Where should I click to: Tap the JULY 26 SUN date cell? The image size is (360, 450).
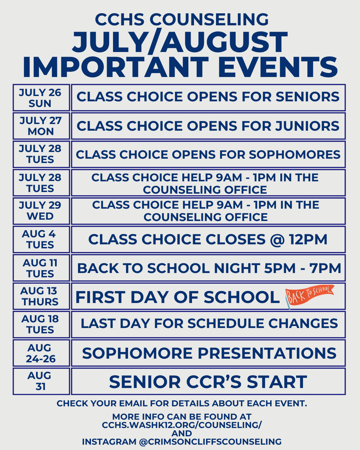click(x=41, y=98)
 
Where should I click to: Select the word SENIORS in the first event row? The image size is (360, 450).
click(x=307, y=97)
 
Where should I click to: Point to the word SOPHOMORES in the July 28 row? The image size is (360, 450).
click(x=295, y=155)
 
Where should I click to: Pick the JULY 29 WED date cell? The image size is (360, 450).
click(x=41, y=211)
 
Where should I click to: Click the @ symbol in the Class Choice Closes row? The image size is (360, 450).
click(x=277, y=239)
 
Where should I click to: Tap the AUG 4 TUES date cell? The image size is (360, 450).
click(x=41, y=239)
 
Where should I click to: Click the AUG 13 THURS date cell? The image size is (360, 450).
click(x=41, y=296)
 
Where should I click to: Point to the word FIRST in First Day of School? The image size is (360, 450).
click(x=100, y=297)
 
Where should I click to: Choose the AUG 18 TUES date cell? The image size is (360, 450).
click(x=41, y=325)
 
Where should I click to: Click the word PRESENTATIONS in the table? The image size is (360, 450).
click(x=267, y=353)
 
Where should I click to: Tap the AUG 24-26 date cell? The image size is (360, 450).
click(x=41, y=353)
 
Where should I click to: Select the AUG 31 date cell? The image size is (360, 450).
click(x=41, y=382)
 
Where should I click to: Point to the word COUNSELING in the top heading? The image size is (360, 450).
click(x=209, y=19)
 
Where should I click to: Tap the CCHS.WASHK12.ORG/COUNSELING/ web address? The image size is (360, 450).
click(x=182, y=425)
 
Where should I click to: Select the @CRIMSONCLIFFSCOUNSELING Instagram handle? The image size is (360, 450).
click(x=210, y=442)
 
